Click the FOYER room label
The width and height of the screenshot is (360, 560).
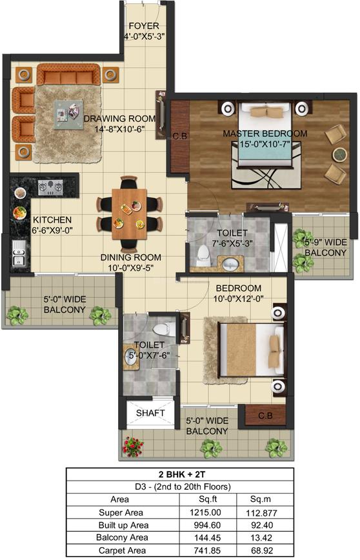coord(144,26)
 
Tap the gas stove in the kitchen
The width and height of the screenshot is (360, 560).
coord(50,187)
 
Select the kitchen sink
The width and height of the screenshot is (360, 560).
coord(19,252)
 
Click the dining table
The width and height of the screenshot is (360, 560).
coord(129,214)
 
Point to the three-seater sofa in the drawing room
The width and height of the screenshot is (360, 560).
coord(68,74)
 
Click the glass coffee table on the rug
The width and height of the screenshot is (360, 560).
coord(68,114)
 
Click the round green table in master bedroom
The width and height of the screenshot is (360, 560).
coord(339,154)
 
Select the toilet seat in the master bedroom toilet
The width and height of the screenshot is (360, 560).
coord(203,255)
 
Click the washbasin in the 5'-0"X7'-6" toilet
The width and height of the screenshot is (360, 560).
coord(131,357)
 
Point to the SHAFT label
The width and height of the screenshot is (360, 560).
coord(150,413)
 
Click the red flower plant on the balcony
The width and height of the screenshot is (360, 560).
coord(133,446)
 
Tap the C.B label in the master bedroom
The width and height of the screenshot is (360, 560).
coord(179,136)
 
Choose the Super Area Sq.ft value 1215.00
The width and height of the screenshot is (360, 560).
coord(205,512)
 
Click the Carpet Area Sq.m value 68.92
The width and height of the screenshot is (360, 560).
coord(262,550)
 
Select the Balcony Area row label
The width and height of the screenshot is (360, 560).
coord(122,537)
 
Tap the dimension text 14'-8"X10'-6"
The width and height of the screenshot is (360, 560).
coord(119,129)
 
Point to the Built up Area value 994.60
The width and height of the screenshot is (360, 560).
coord(205,525)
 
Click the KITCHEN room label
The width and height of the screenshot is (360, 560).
coord(52,219)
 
